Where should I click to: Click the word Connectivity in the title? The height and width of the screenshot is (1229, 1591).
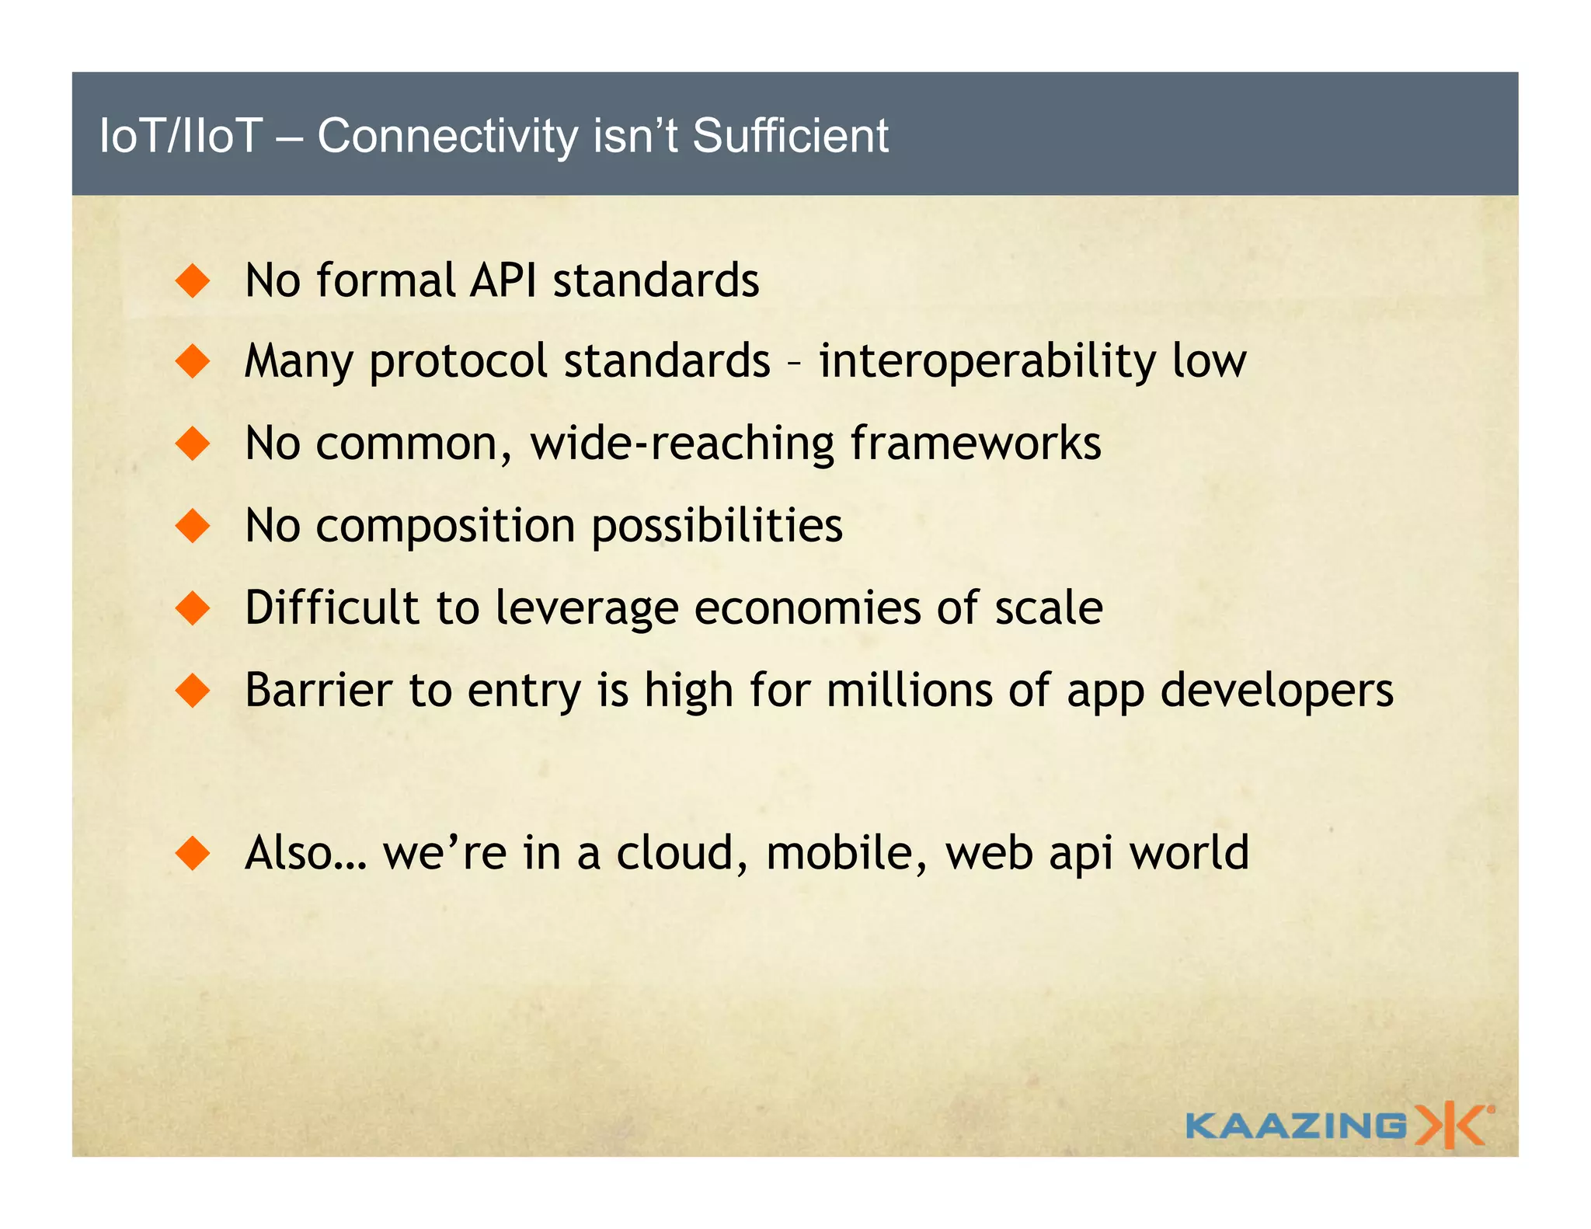click(447, 136)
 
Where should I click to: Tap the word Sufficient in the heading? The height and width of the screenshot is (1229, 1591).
click(789, 136)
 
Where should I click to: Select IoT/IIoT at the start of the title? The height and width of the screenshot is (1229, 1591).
click(181, 136)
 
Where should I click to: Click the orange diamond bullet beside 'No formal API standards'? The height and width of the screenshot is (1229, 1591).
click(193, 280)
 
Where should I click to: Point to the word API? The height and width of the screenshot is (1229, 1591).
click(503, 280)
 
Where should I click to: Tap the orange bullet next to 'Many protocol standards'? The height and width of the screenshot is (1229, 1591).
click(193, 362)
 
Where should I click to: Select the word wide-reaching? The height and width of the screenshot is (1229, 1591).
click(682, 444)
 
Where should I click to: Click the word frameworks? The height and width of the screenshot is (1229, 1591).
click(976, 444)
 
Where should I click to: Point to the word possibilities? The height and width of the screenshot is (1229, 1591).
click(717, 526)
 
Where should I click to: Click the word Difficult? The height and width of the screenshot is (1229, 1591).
click(332, 608)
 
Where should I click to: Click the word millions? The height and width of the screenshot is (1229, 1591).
click(909, 690)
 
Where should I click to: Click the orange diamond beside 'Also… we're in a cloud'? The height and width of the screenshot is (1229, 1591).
click(193, 853)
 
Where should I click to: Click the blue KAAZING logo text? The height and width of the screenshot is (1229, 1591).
click(1296, 1126)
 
